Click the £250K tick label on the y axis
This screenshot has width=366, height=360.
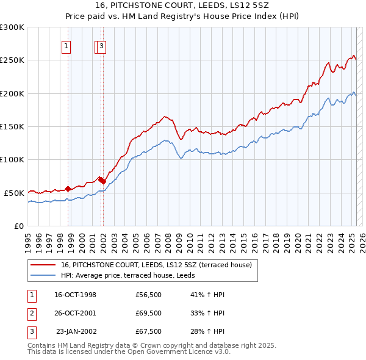click(12, 60)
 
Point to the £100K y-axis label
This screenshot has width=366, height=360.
click(12, 160)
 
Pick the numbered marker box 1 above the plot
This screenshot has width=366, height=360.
click(65, 45)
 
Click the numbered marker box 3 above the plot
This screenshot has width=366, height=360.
click(101, 45)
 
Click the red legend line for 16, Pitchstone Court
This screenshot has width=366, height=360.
click(43, 265)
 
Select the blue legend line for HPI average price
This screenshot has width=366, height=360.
click(43, 275)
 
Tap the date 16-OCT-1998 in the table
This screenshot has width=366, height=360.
click(76, 295)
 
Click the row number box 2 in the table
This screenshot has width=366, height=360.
click(32, 313)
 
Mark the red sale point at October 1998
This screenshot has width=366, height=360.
click(68, 189)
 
